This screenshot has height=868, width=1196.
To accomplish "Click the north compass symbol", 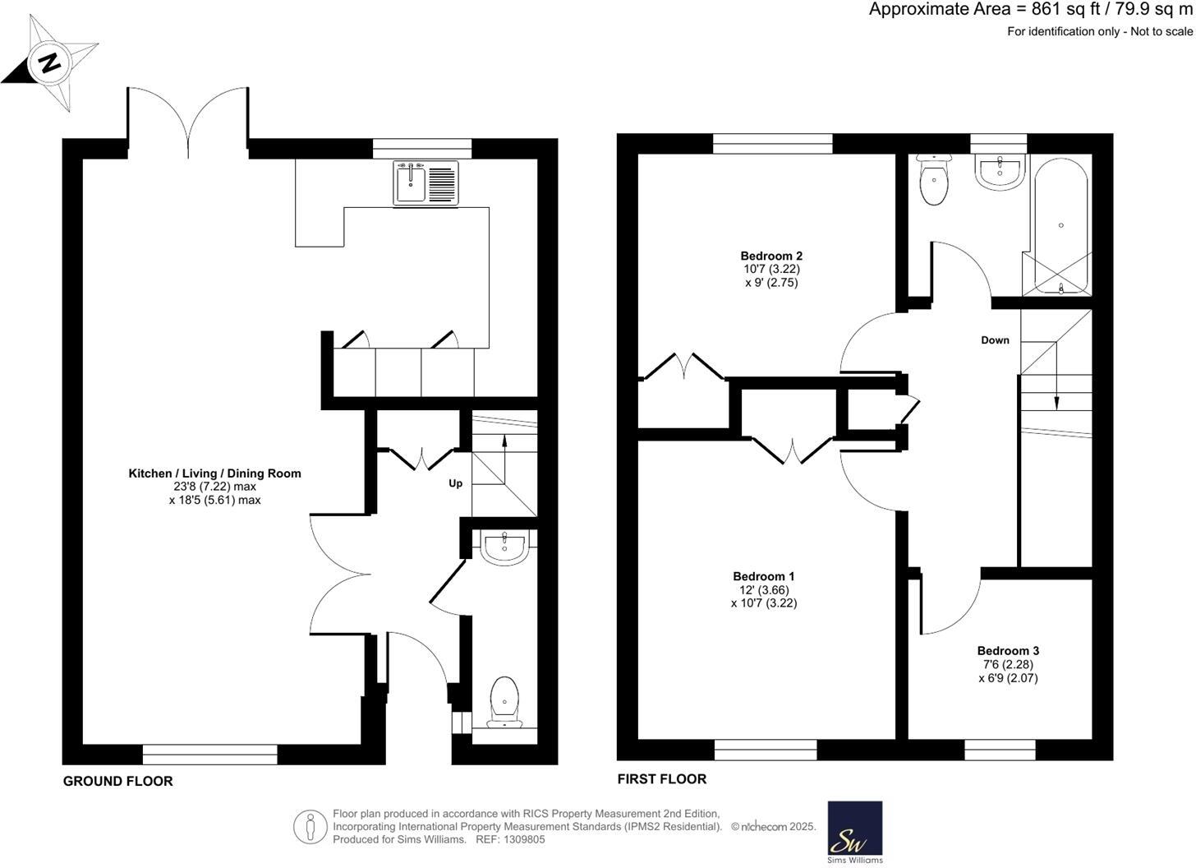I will point(50,62).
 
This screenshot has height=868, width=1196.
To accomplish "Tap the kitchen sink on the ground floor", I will point(428,182).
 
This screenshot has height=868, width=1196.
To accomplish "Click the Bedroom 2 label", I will point(771,256).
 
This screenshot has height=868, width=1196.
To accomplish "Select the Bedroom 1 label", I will point(763,576).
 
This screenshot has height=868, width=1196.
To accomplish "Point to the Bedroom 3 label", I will point(1008,651).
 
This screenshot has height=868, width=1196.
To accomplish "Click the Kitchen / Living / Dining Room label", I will point(214,473).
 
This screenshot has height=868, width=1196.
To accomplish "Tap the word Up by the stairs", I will point(455,483).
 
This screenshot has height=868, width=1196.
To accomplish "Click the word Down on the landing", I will point(995,340).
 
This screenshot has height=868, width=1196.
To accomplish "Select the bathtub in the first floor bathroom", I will point(1060,225).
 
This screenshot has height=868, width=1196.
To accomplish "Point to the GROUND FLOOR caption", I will point(117,782).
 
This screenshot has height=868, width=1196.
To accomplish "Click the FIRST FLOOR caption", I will point(661,779).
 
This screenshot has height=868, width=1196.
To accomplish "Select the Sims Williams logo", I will point(854,832).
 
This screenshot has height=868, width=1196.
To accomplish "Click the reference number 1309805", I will point(524,840).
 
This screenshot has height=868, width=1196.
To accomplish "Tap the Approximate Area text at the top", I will point(1030,10).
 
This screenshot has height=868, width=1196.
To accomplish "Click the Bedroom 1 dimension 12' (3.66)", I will point(763,589).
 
